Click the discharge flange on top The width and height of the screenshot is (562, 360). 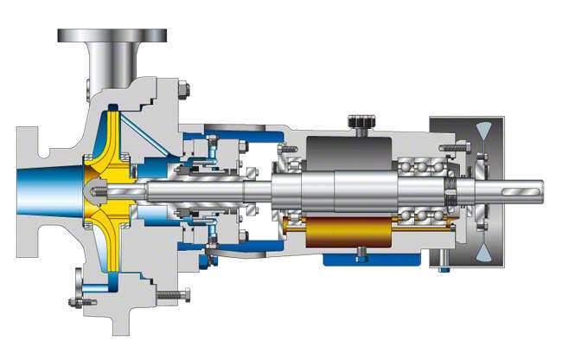click(112, 35)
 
